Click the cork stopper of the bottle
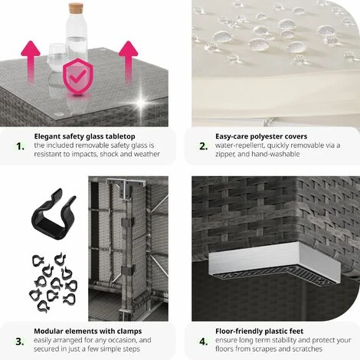click(76, 8)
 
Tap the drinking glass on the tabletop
click(57, 57)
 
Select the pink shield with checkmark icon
click(78, 77)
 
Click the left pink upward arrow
click(31, 62)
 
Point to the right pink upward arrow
click(128, 62)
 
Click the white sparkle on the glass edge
click(141, 103)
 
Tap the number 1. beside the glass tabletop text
click(20, 146)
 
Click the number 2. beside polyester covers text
click(204, 146)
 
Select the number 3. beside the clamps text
click(20, 342)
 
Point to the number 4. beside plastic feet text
click(204, 342)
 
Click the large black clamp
click(54, 214)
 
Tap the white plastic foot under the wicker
click(275, 263)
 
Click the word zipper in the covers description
click(224, 155)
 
